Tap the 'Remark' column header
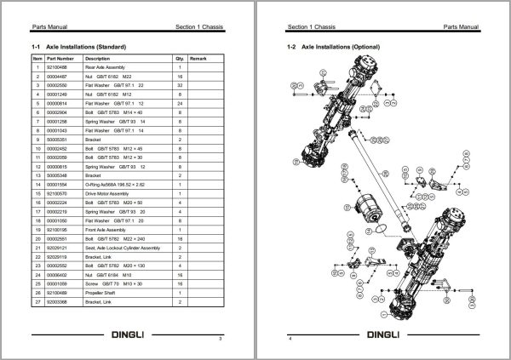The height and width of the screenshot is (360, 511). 198,58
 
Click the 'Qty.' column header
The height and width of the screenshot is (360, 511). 180,58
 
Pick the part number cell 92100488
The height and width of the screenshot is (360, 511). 57,66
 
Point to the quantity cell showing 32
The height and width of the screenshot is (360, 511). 180,84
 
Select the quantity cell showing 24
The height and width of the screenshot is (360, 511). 180,103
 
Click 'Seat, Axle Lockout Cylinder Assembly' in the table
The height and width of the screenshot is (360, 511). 123,248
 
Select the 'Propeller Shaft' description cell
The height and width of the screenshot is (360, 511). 103,294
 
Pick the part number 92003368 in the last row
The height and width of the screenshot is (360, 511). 57,303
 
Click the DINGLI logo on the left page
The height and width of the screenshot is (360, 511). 128,334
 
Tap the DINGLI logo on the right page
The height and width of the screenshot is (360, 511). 382,334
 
